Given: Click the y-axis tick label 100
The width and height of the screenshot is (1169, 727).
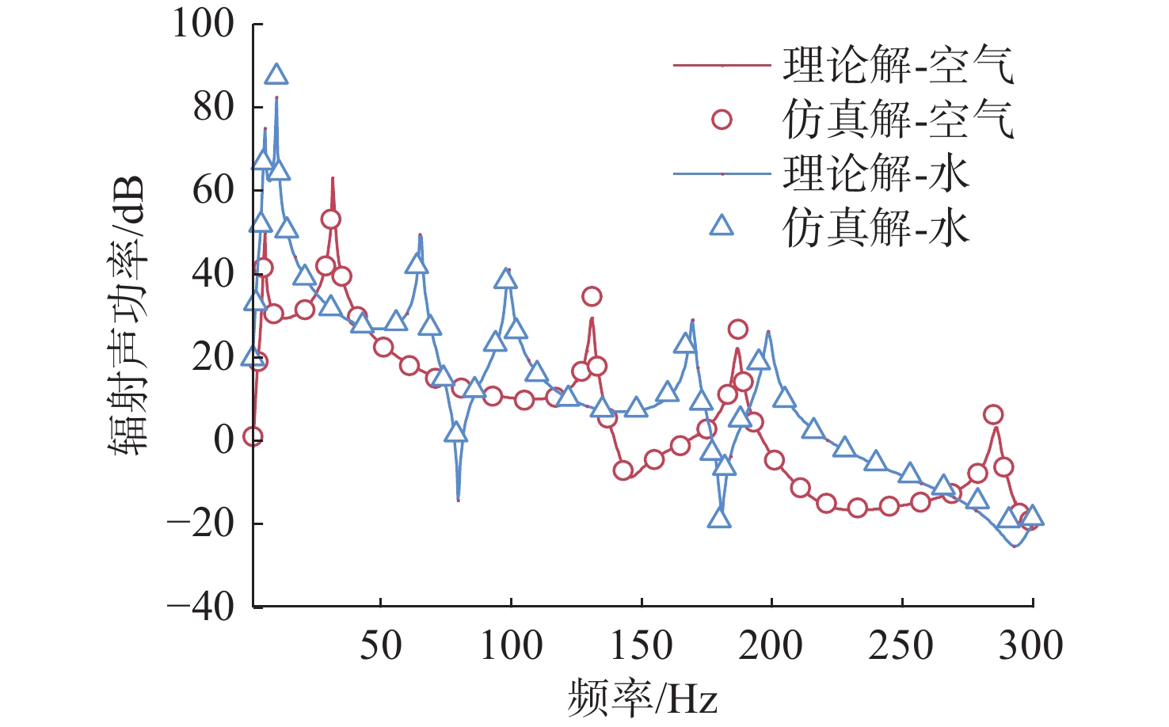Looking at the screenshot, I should point(204,24).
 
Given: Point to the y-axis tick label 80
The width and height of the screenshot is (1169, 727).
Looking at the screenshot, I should point(214,107).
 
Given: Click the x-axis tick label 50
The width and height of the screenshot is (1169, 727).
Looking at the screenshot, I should point(381,645).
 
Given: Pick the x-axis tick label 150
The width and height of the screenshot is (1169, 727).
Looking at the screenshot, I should point(642,645).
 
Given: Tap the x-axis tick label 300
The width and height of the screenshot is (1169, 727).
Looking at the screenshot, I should point(1030,645).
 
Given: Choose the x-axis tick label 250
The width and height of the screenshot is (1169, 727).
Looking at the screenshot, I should point(901,645).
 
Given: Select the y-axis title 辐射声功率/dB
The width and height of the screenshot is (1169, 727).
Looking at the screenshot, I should point(127,314).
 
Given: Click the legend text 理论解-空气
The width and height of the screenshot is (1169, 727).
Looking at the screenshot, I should point(898,65).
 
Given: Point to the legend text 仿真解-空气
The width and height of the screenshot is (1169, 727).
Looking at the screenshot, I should point(898,120).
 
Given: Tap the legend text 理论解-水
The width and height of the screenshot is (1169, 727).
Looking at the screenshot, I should point(876,174).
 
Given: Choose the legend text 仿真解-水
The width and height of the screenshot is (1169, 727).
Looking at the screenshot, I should point(876,229).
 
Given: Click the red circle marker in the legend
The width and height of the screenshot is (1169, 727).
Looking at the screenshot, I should point(722,120).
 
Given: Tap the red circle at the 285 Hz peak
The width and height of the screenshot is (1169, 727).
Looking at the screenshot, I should point(993,415).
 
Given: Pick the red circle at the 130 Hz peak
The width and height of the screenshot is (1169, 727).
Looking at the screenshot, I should point(592,297).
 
